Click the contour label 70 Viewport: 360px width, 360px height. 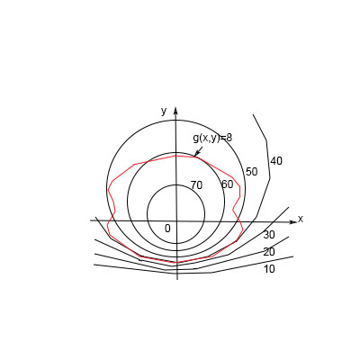pos(197,185)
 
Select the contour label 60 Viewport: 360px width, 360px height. pos(227,184)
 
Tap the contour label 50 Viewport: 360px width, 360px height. pos(251,172)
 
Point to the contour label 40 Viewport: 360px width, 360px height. pos(276,161)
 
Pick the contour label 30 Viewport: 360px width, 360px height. pos(269,235)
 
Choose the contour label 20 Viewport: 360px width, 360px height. pos(269,252)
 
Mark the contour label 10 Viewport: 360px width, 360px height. pos(269,269)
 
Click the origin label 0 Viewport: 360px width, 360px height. pos(167,229)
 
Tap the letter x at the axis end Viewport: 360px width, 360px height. pos(301,220)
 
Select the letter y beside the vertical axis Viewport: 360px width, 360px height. pos(164,111)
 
